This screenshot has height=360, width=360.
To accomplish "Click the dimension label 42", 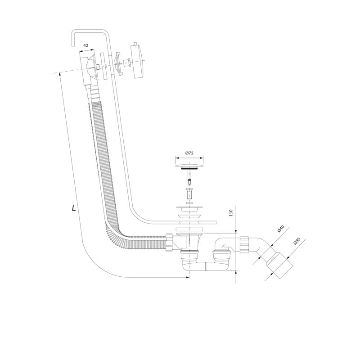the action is [x=85, y=45].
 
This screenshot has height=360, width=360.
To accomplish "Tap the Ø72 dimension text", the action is [x=189, y=153].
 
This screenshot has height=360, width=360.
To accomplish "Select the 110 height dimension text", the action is [x=231, y=213].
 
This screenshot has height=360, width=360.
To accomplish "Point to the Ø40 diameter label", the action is [x=281, y=229].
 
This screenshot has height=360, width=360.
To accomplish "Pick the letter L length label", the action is [x=74, y=208].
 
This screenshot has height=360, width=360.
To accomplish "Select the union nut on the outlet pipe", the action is [x=244, y=244].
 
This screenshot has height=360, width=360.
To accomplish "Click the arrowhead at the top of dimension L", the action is [x=60, y=73].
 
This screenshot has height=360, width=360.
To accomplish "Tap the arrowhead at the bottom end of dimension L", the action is [x=188, y=277].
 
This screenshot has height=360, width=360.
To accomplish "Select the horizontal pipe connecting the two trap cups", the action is [x=205, y=266].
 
